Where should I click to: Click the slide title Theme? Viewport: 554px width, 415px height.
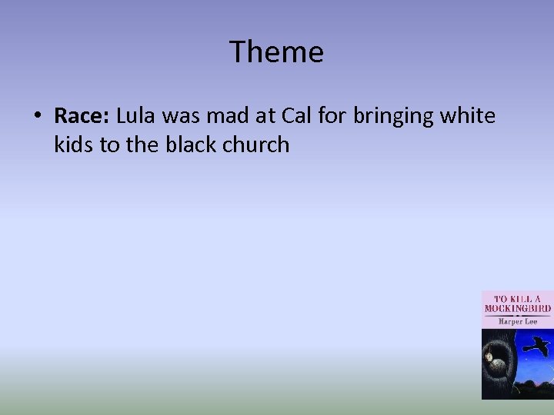[x=276, y=52]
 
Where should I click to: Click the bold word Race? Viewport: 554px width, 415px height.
[x=82, y=116]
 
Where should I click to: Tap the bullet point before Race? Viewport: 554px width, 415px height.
[x=37, y=117]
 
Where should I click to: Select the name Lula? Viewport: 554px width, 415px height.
[x=138, y=116]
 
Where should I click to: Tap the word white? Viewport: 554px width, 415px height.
[x=469, y=116]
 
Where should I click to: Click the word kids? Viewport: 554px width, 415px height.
[x=75, y=144]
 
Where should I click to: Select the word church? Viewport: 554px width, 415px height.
[x=256, y=144]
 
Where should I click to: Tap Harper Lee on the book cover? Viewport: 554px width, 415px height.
[x=517, y=321]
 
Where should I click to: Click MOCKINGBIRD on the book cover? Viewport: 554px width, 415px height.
[x=517, y=307]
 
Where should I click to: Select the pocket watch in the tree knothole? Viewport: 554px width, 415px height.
[x=489, y=354]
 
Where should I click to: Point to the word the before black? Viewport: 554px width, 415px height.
[x=143, y=144]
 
